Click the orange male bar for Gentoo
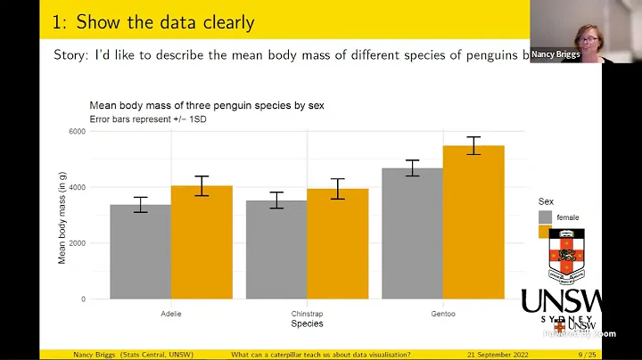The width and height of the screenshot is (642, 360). click(x=473, y=223)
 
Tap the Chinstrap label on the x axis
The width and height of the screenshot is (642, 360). click(x=307, y=314)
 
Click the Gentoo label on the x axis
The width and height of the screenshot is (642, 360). click(x=442, y=314)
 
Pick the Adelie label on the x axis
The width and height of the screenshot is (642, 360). click(x=171, y=314)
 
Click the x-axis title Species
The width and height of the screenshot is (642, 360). click(x=307, y=323)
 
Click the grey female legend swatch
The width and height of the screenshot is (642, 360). click(x=545, y=217)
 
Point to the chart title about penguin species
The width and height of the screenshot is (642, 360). click(x=207, y=105)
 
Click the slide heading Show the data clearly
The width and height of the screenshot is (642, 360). click(x=153, y=22)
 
